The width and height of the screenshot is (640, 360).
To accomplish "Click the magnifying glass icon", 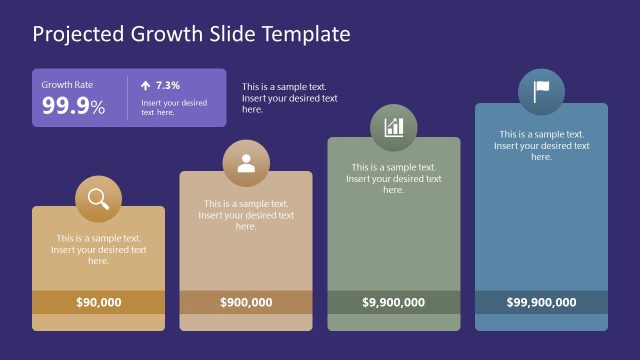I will (98, 199).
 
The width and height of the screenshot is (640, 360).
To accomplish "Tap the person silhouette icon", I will (246, 164).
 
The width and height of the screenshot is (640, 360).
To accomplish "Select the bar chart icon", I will (394, 128).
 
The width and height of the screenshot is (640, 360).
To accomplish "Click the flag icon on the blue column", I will (541, 92).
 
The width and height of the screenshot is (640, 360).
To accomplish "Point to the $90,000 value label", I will (98, 302).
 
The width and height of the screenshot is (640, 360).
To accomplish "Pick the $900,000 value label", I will (246, 302).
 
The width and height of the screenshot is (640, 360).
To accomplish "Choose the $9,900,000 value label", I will (394, 302).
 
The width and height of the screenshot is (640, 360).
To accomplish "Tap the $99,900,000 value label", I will (541, 302).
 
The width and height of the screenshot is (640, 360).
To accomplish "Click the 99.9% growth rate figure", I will (73, 106).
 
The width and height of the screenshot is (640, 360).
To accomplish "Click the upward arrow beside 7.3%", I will (146, 85).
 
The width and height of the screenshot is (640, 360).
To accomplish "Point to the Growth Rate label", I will (66, 85).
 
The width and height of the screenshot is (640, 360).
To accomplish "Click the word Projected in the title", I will (78, 34).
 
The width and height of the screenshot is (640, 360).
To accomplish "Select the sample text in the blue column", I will (541, 145).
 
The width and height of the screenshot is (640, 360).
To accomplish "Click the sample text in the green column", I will (394, 178).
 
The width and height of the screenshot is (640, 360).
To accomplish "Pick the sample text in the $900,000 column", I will (246, 215).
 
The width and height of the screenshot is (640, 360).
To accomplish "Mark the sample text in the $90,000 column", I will (98, 249).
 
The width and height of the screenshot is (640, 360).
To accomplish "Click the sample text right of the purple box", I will (290, 98).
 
